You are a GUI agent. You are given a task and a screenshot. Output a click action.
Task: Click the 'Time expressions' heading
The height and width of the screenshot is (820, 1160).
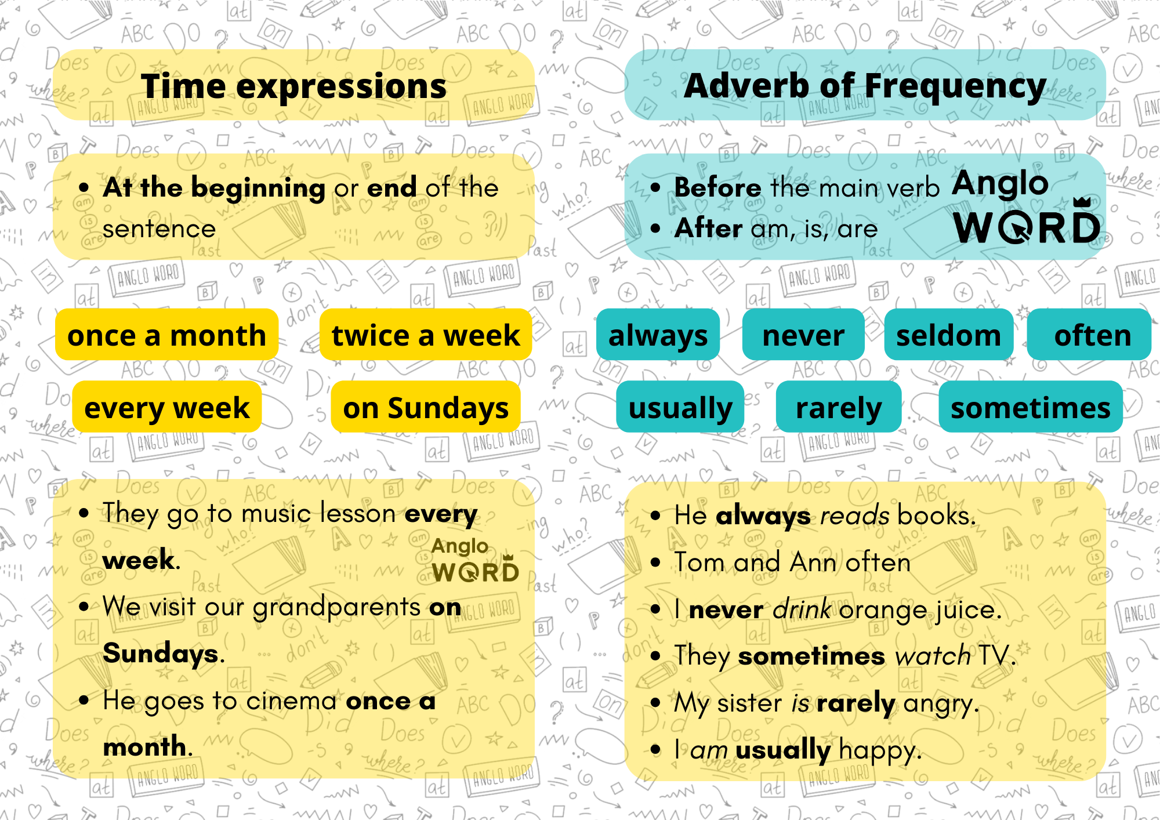click(293, 86)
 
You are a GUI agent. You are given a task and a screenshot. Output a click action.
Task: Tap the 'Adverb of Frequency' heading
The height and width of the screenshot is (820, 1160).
click(865, 86)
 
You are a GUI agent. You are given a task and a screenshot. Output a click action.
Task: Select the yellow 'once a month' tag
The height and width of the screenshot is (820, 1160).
click(166, 335)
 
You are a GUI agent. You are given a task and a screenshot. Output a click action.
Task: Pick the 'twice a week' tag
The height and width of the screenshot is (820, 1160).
click(426, 335)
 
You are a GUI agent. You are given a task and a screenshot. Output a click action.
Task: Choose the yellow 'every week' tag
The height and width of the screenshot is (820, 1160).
click(167, 407)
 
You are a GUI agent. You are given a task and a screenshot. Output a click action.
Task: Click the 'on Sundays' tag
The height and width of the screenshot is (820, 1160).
click(426, 407)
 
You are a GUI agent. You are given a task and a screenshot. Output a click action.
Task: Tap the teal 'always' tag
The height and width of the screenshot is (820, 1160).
click(658, 335)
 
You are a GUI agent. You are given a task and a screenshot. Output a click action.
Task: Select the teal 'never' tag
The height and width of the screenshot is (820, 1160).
click(803, 335)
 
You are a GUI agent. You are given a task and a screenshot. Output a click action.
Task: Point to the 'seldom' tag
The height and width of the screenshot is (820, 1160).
click(948, 335)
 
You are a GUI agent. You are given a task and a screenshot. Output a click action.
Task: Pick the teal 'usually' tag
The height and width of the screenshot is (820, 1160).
click(680, 407)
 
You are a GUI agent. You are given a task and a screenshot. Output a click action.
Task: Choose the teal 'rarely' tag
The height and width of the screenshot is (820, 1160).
click(839, 407)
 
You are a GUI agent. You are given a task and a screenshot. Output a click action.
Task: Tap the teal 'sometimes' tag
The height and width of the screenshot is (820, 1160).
click(1031, 407)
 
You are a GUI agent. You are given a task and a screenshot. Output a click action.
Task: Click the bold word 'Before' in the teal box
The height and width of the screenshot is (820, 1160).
click(717, 187)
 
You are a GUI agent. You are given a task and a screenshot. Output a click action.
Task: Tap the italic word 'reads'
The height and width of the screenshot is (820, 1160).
click(854, 515)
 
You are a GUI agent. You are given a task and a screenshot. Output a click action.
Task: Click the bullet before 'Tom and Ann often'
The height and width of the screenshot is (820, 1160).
click(655, 562)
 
